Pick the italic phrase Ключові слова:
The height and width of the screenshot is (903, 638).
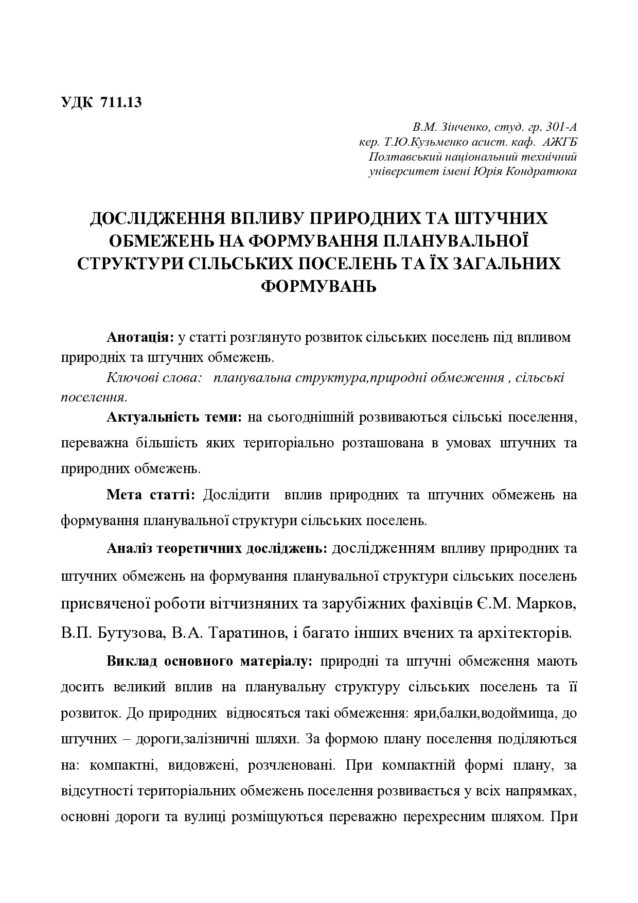click(x=153, y=378)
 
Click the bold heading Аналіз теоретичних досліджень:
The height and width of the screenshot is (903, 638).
click(x=217, y=549)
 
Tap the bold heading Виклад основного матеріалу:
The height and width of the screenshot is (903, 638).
click(x=209, y=661)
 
